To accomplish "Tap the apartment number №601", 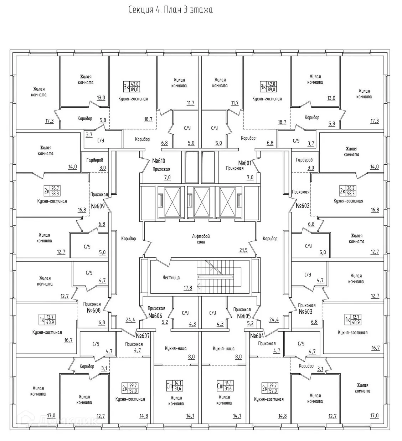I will pyautogui.click(x=245, y=163).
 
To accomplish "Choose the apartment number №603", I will pyautogui.click(x=305, y=312).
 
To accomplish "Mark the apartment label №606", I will pyautogui.click(x=155, y=316).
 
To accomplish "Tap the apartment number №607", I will pyautogui.click(x=143, y=335).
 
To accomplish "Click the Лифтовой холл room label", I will pyautogui.click(x=200, y=239).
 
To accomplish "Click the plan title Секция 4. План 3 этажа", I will pyautogui.click(x=170, y=10).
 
